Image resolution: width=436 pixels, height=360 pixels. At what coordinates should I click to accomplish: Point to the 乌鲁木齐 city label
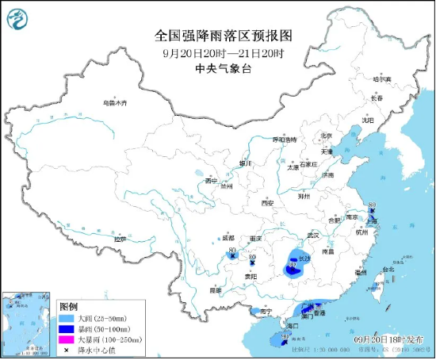coord(114,103)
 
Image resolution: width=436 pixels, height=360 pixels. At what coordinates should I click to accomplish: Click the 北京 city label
coord(325,137)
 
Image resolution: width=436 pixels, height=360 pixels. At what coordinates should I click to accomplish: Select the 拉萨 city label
coord(120,239)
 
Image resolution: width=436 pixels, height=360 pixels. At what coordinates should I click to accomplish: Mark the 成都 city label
coord(228,237)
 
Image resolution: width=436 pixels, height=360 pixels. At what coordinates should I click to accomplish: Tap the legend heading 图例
coord(69,306)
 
